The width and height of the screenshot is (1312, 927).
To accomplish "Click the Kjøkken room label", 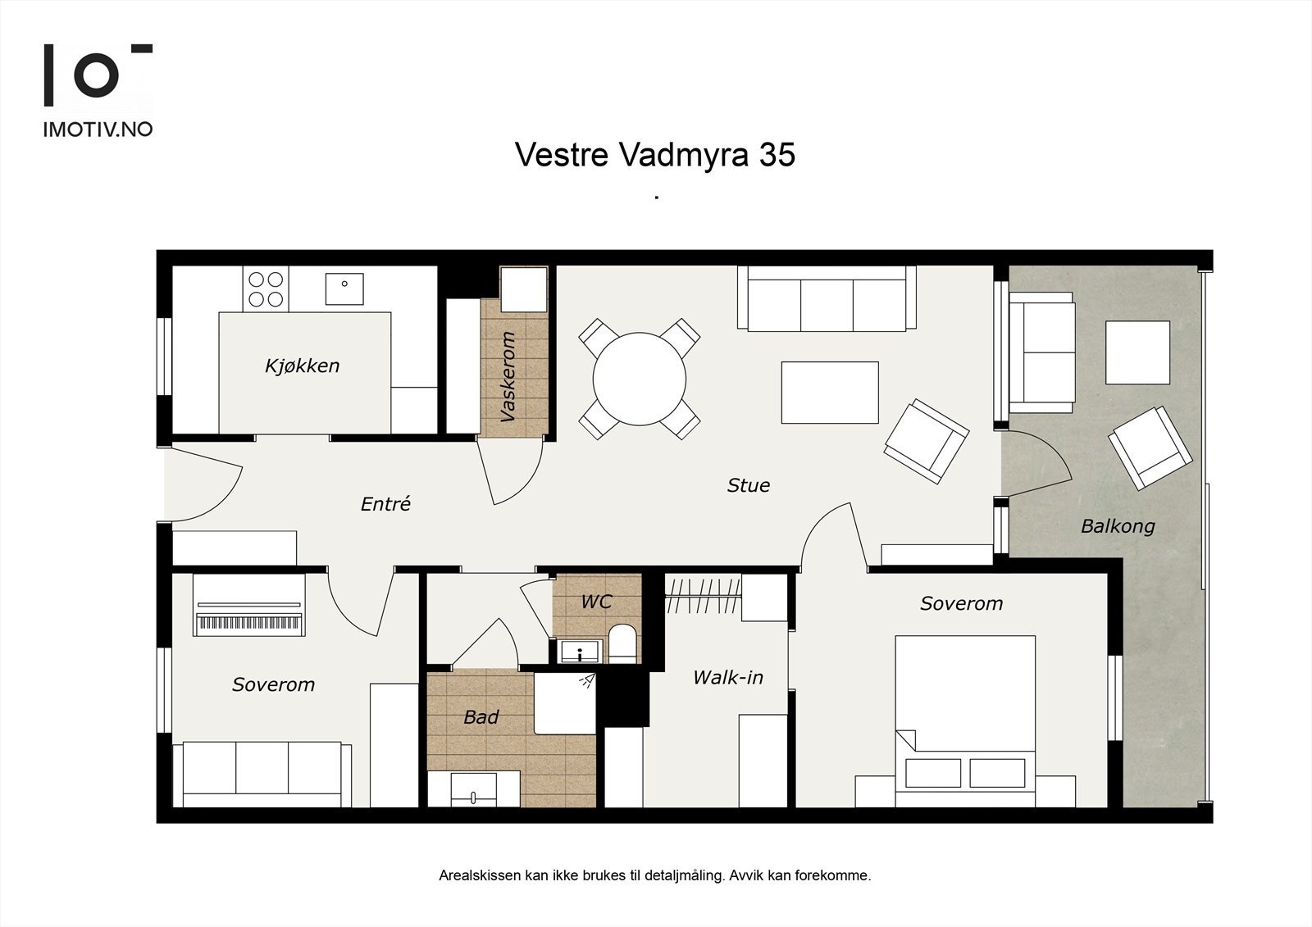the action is click(x=303, y=366).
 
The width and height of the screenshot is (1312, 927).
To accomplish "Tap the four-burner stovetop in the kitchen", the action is click(x=266, y=289).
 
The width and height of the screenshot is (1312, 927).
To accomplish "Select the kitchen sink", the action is click(x=344, y=289).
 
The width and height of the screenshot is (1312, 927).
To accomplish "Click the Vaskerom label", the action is click(x=508, y=376).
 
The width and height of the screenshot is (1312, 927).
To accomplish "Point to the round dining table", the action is click(x=639, y=379).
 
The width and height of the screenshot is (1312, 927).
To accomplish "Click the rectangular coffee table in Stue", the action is click(x=830, y=393).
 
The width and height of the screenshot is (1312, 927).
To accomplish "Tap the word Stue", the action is click(x=749, y=485).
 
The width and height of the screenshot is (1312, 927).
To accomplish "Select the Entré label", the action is click(x=385, y=503).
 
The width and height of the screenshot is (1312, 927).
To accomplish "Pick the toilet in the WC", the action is click(x=622, y=644).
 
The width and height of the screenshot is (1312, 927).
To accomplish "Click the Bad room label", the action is click(x=481, y=717).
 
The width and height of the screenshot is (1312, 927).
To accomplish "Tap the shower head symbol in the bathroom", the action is click(x=587, y=680).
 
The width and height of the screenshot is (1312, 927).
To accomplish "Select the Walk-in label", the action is click(x=728, y=678).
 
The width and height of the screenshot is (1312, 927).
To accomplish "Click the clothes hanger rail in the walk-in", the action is click(x=703, y=596).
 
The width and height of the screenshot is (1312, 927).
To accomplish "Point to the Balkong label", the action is click(x=1118, y=526).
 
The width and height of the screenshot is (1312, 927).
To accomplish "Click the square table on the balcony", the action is click(x=1137, y=352).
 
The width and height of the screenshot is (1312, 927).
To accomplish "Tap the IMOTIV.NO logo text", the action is click(x=98, y=130).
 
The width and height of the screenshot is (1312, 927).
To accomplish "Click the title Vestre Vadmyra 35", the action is click(x=655, y=155).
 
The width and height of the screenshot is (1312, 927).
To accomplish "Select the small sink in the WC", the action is click(x=580, y=651).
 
